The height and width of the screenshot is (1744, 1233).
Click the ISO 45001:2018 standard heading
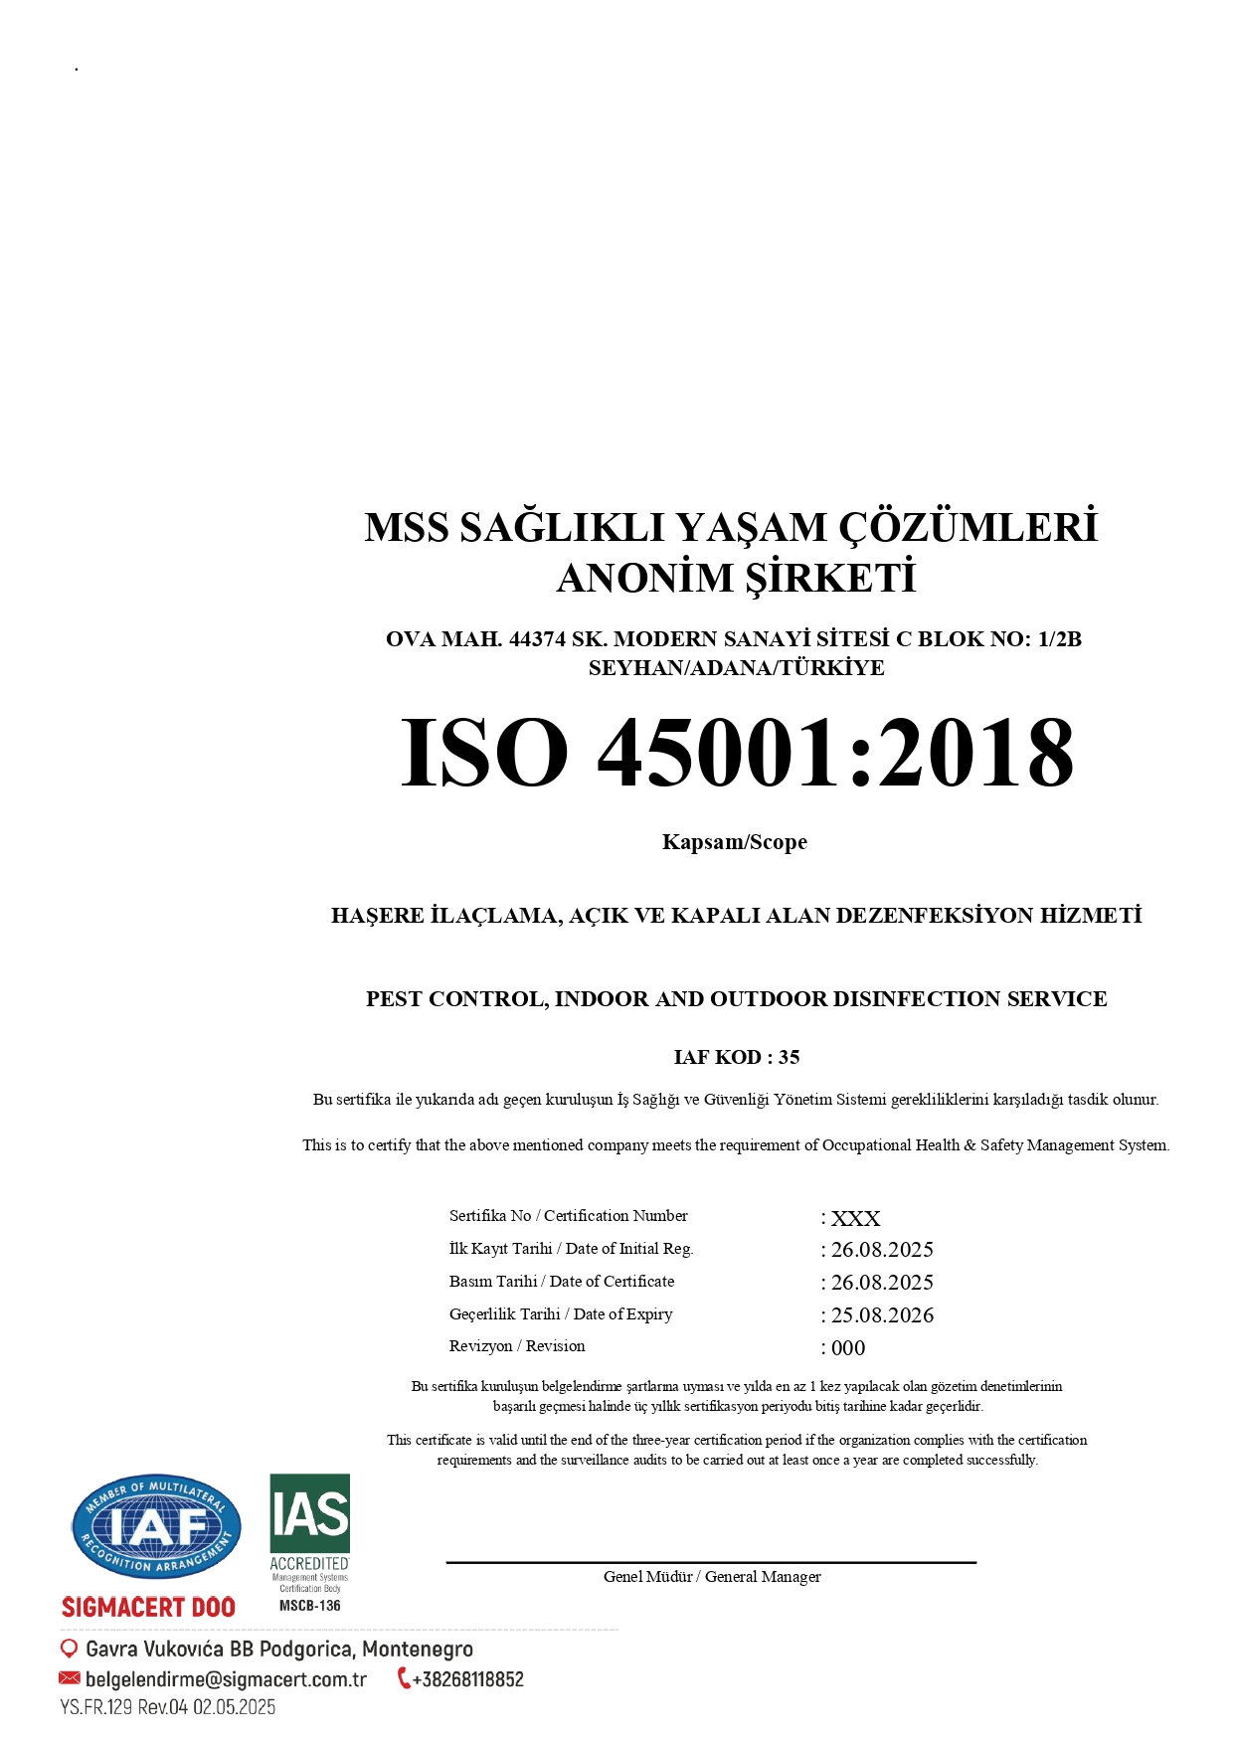pyautogui.click(x=736, y=753)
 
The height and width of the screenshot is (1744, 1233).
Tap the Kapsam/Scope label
pyautogui.click(x=735, y=842)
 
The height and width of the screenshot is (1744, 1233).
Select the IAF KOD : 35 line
pyautogui.click(x=736, y=1057)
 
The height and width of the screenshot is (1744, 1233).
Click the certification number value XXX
pyautogui.click(x=855, y=1218)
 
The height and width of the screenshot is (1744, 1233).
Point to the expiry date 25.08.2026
pyautogui.click(x=882, y=1314)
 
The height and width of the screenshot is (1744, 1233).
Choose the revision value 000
pyautogui.click(x=848, y=1347)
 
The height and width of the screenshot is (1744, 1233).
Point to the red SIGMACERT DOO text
pyautogui.click(x=149, y=1607)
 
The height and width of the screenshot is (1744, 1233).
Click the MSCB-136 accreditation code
pyautogui.click(x=310, y=1605)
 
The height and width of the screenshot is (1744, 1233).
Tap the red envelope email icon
pyautogui.click(x=70, y=1678)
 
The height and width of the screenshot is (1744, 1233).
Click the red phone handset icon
pyautogui.click(x=404, y=1678)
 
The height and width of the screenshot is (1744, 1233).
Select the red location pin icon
pyautogui.click(x=69, y=1649)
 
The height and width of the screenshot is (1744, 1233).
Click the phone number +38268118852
pyautogui.click(x=467, y=1679)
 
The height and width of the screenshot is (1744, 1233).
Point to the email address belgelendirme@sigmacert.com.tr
pyautogui.click(x=227, y=1679)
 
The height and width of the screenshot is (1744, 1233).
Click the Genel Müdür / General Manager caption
pyautogui.click(x=712, y=1576)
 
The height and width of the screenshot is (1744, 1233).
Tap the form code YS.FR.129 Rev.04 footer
pyautogui.click(x=168, y=1707)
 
